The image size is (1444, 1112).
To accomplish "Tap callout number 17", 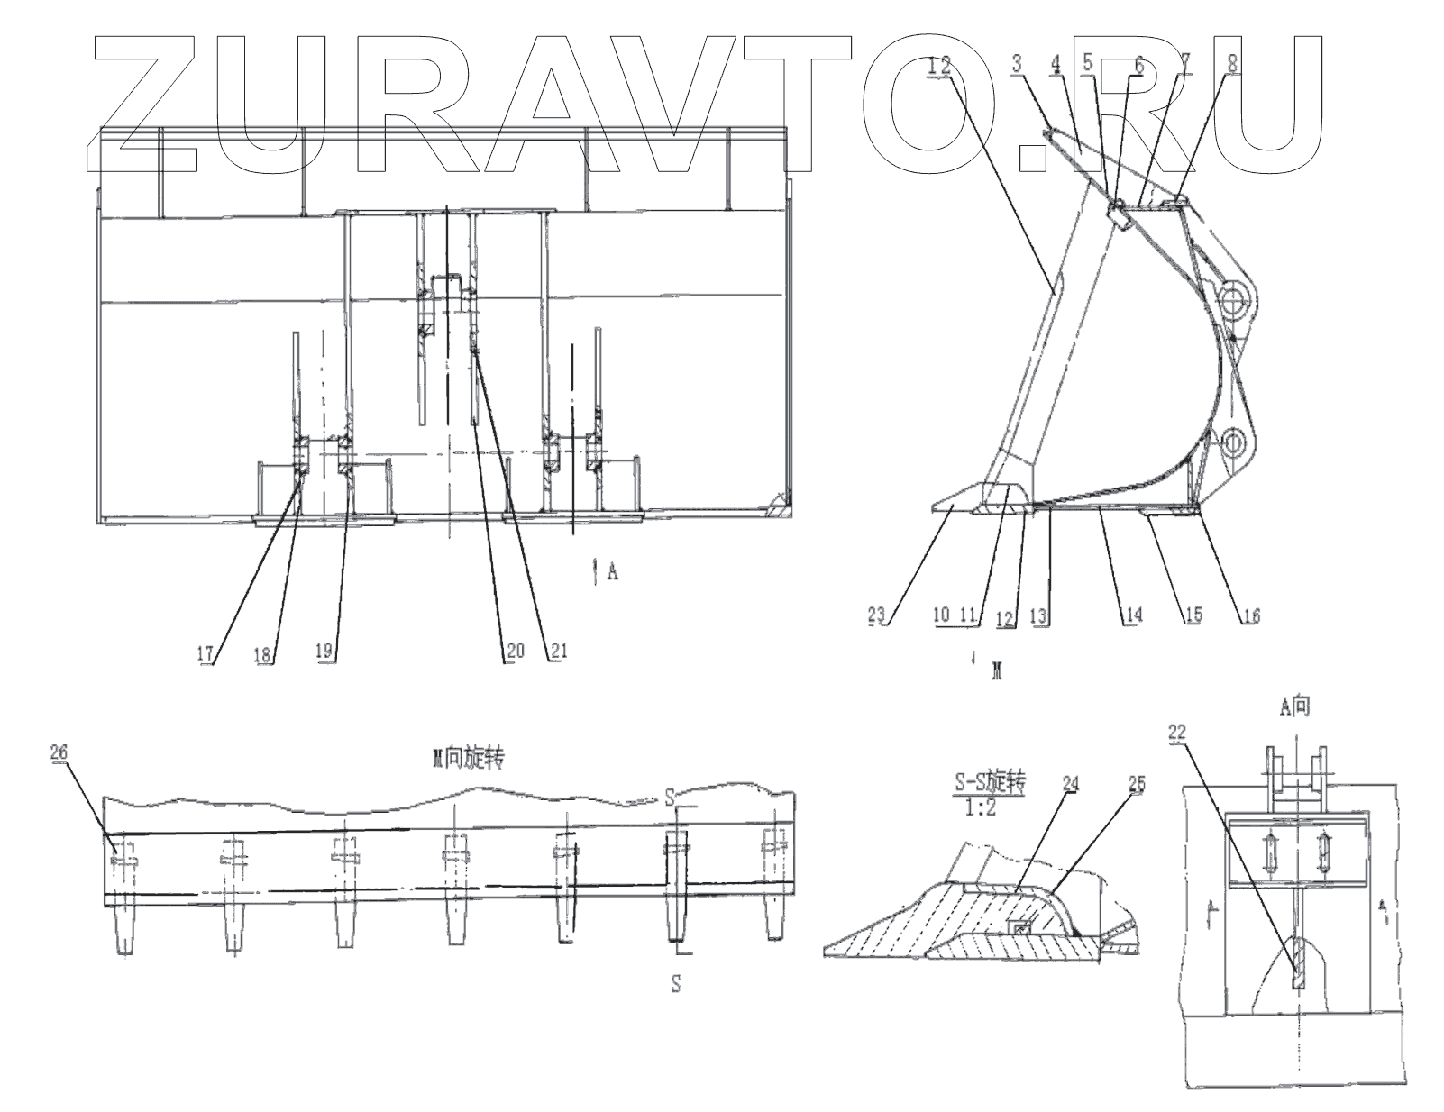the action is coord(206,652).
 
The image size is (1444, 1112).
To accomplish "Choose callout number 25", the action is coord(1136,784).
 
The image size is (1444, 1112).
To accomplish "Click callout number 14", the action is coord(1133,615).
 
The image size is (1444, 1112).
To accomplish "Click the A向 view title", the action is coord(1294,708).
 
